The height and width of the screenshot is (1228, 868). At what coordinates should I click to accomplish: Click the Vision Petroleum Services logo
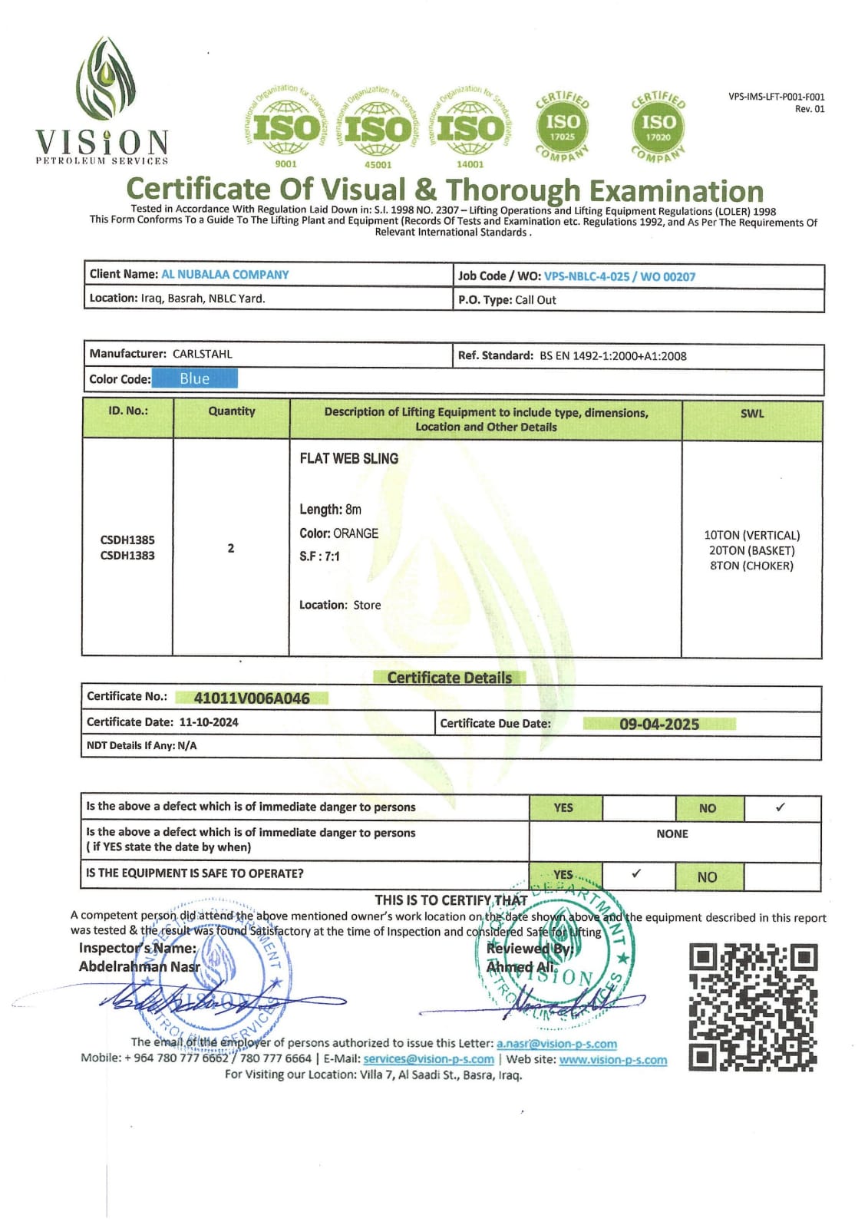103,101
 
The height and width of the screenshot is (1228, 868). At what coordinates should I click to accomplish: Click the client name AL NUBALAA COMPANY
225,275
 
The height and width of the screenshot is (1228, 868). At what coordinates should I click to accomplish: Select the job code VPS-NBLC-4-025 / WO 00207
619,276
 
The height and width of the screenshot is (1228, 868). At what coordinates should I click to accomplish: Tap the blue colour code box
195,378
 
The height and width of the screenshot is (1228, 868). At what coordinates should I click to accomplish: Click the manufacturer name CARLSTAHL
202,354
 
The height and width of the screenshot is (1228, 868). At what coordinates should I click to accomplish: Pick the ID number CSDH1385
127,540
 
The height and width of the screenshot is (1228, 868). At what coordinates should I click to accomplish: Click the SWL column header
751,413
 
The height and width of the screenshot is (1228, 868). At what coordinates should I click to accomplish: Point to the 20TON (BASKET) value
751,550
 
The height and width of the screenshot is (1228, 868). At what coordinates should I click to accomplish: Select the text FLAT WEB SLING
348,458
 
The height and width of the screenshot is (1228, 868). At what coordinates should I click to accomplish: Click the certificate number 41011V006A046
252,698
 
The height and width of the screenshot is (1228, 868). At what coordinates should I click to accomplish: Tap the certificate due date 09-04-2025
659,724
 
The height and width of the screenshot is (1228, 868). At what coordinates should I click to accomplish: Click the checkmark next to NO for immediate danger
781,807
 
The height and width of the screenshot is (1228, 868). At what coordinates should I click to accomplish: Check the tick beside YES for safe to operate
636,873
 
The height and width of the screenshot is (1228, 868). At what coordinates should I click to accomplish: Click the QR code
752,1007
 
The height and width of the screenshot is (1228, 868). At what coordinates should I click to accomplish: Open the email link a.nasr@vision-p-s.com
556,1044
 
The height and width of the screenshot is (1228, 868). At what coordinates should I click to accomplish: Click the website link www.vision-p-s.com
612,1060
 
